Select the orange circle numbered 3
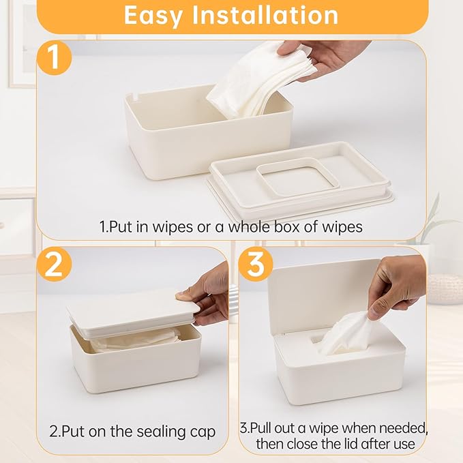(x=255, y=265)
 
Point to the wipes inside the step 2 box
(x=136, y=340)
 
